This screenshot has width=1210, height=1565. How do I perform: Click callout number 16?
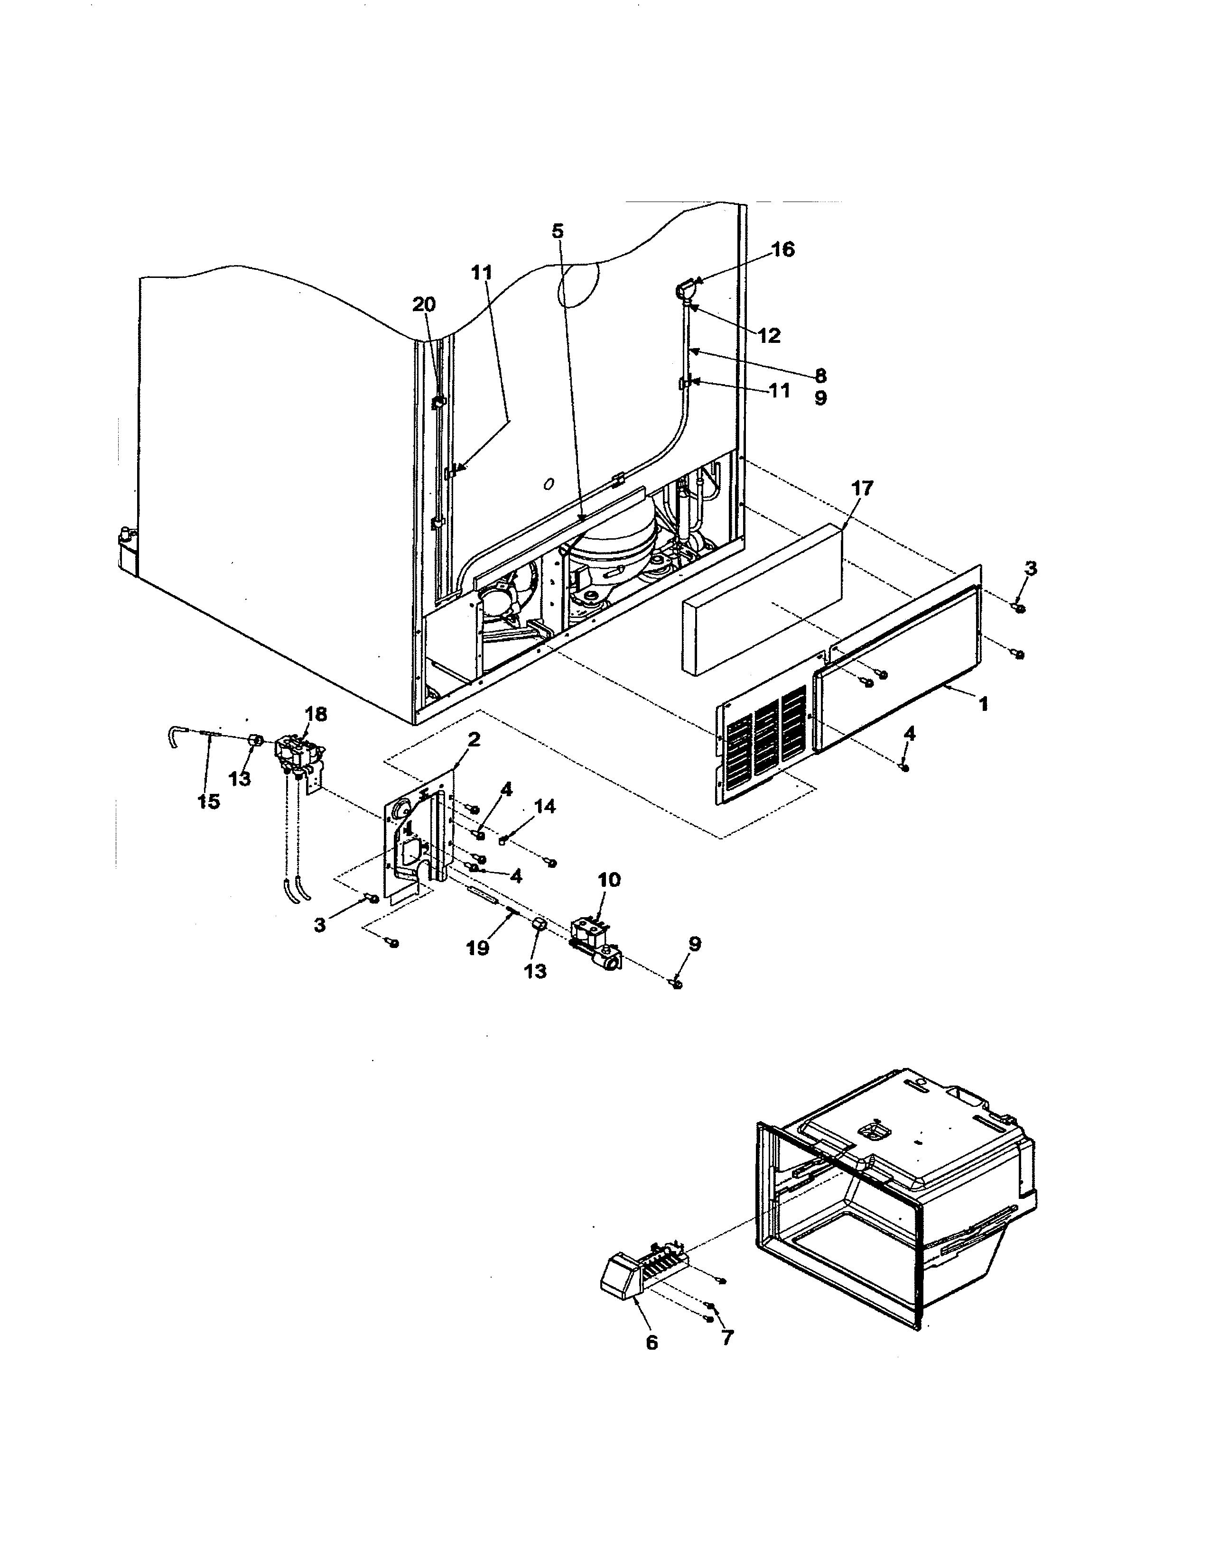click(783, 249)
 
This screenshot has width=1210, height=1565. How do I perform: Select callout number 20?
click(424, 304)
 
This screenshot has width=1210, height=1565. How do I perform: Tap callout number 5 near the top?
click(558, 231)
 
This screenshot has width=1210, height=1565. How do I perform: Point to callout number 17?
click(862, 488)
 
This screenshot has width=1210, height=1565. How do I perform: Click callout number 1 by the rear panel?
click(984, 704)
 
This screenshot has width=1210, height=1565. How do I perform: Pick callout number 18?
click(316, 714)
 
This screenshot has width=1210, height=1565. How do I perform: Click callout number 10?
click(609, 880)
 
